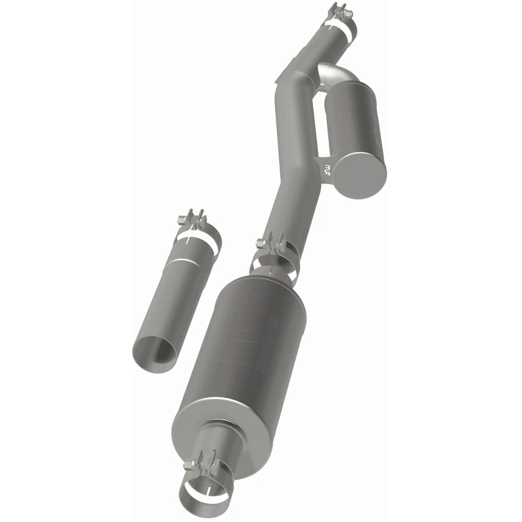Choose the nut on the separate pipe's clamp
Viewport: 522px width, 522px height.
(182, 220)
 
